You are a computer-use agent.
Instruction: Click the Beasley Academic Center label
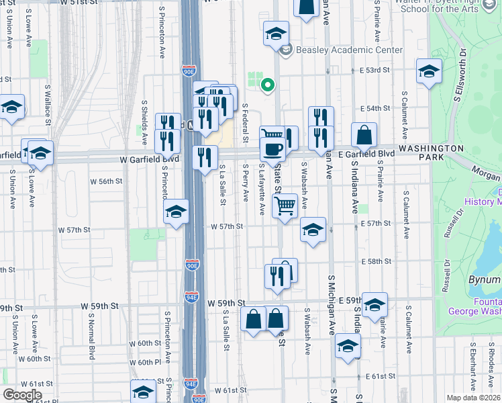tap(350, 50)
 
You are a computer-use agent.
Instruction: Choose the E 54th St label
tap(374, 108)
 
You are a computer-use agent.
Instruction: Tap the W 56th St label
tap(107, 181)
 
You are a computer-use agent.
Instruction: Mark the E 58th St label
tap(375, 261)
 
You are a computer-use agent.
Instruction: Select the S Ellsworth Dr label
tap(460, 75)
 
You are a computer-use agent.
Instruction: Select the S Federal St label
tap(246, 123)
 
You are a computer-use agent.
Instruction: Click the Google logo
tap(22, 395)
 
